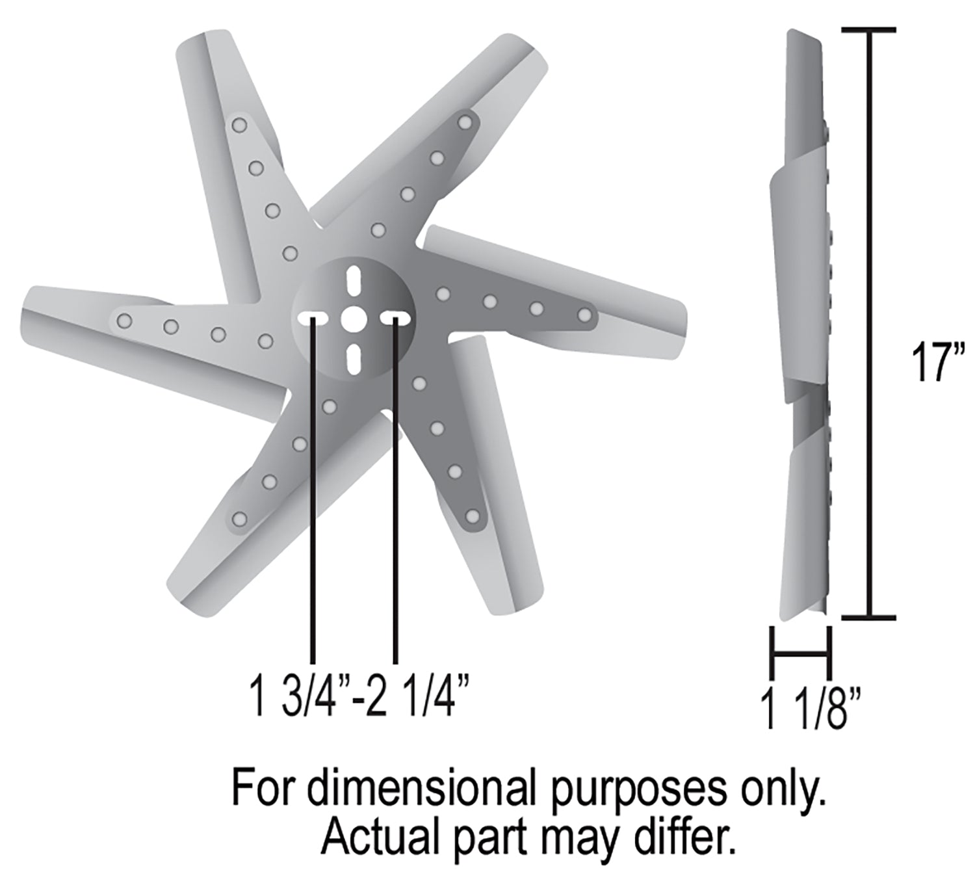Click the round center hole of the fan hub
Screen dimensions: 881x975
coord(353,318)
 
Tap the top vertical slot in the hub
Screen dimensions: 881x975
coord(353,280)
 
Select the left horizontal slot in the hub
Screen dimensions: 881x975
coord(313,318)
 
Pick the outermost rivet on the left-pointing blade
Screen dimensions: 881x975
coord(123,321)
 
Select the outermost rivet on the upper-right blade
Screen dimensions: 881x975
coord(465,122)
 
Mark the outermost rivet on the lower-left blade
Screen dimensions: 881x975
coord(239,519)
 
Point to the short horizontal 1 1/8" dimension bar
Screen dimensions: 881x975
coord(800,652)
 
